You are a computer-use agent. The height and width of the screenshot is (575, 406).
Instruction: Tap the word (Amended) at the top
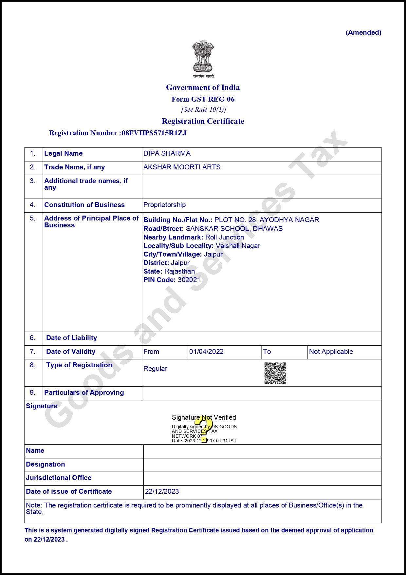363,32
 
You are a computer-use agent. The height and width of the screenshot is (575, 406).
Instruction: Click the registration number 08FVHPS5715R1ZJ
154,133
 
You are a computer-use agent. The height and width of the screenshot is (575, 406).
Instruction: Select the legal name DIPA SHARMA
167,153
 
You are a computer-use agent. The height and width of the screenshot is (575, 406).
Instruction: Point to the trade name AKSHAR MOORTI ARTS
182,167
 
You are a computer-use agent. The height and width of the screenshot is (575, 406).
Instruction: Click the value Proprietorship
164,205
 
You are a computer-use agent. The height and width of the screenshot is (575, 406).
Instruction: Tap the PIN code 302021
189,280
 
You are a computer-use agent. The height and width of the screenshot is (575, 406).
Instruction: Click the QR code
275,373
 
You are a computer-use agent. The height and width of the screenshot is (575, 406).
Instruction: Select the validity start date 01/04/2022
206,352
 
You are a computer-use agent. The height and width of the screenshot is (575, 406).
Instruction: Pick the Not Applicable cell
331,352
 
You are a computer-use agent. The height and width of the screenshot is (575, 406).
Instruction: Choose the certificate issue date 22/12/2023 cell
162,491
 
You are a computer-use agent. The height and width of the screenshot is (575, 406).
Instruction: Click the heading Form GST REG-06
203,99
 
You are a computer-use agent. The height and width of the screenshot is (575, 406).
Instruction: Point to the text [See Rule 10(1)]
204,109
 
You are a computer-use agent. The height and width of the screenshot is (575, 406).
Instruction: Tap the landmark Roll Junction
224,237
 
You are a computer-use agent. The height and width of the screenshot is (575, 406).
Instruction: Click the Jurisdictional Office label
59,478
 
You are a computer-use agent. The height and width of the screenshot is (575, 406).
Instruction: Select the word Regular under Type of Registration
155,369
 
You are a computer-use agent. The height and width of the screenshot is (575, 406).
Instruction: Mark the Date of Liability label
71,338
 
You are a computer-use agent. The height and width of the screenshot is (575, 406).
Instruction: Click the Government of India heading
203,87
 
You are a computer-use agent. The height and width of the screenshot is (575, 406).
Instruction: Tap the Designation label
45,464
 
